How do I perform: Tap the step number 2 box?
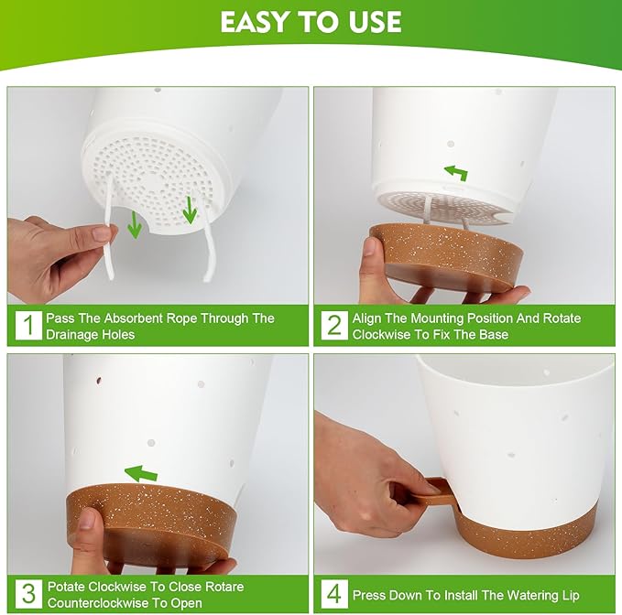point(333,325)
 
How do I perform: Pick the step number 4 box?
point(333,594)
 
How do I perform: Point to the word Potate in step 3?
point(68,586)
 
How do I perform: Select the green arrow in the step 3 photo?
point(141,473)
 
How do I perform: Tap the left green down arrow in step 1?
point(135,223)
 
